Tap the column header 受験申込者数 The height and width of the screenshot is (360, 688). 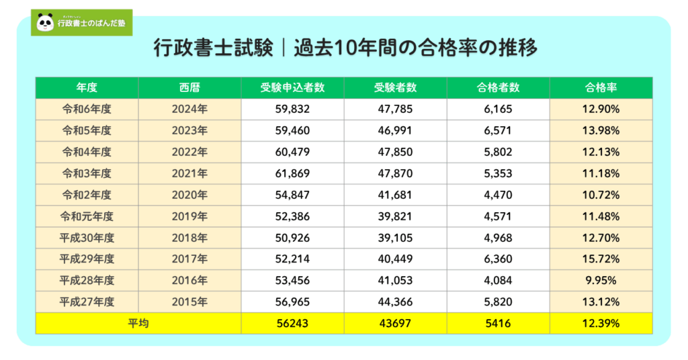pos(292,87)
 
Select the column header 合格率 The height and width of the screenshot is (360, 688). pos(601,87)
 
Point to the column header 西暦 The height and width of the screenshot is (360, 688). pos(189,87)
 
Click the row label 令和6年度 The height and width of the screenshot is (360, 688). pos(87,109)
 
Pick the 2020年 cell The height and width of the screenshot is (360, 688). pos(189,195)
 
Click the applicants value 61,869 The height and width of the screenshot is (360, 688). pos(292,173)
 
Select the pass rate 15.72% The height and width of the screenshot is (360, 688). pos(601,259)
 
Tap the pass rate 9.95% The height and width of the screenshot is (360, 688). pos(601,281)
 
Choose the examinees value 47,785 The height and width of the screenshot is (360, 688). pos(395,109)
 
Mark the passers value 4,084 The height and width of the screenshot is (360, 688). pos(498,281)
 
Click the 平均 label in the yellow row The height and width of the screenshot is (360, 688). pos(138,324)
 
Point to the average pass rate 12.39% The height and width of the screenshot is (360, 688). pos(601,324)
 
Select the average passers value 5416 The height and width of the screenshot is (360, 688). pos(498,324)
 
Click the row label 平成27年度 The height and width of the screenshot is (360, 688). pos(87,302)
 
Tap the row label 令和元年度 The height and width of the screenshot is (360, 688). pos(87,216)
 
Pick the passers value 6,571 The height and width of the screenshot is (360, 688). pos(498,130)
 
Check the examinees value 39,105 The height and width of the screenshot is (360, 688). pos(395,238)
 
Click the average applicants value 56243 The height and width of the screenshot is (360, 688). pos(292,324)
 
